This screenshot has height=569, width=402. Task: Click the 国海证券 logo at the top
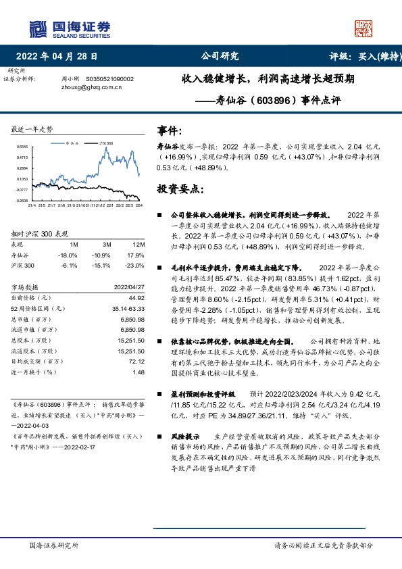[x=68, y=28]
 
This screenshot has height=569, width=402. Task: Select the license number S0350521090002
[x=109, y=79]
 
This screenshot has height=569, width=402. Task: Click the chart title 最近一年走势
[x=32, y=129]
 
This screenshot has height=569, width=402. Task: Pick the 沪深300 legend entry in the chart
[x=105, y=144]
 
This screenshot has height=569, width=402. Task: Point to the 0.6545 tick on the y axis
[x=22, y=146]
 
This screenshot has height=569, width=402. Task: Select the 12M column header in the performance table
[x=139, y=244]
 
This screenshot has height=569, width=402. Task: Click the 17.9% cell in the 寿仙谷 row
[x=137, y=255]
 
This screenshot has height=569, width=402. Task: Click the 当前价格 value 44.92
[x=137, y=297]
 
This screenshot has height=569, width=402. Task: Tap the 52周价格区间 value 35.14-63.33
[x=127, y=308]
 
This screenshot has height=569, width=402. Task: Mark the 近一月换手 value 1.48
[x=139, y=372]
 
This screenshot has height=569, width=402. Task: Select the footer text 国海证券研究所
[x=55, y=545]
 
